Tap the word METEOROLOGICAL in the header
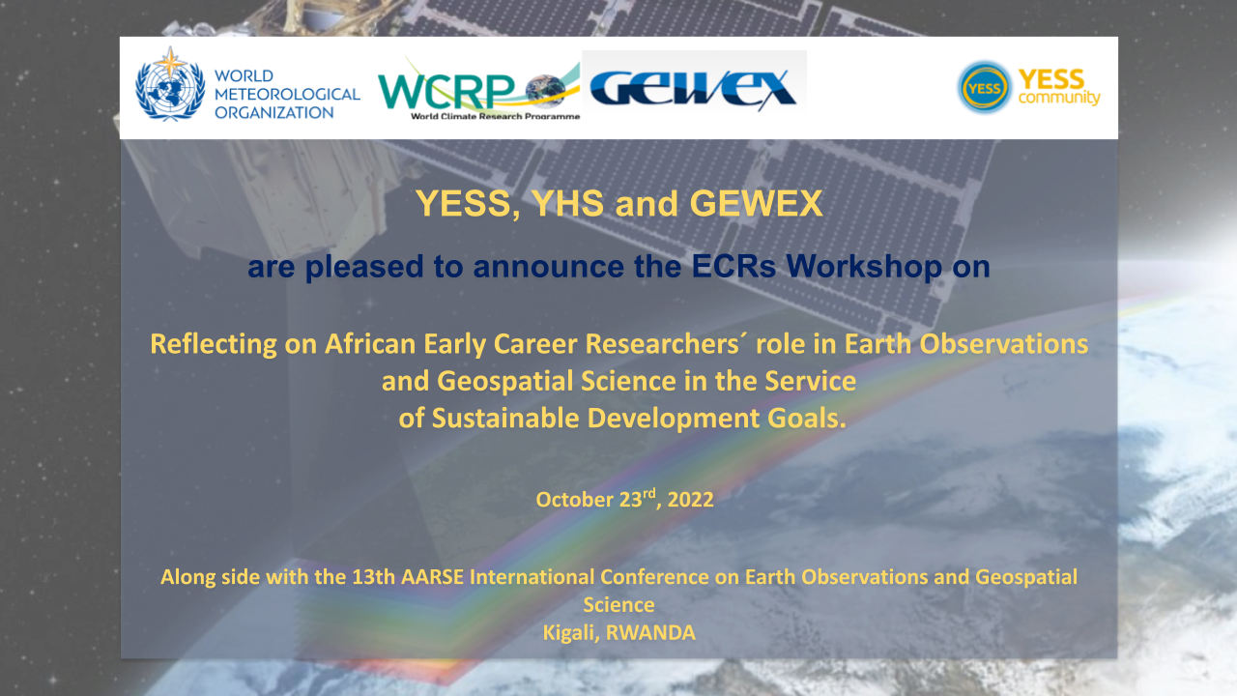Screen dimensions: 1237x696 pyautogui.click(x=287, y=94)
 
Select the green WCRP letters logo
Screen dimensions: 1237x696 pyautogui.click(x=446, y=92)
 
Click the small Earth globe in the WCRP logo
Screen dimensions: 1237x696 pyautogui.click(x=546, y=90)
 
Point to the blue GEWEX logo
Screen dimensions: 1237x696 pyautogui.click(x=693, y=88)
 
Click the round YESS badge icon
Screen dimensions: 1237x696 pyautogui.click(x=984, y=87)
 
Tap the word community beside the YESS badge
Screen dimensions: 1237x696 pyautogui.click(x=1059, y=98)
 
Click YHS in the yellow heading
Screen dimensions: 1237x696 pyautogui.click(x=567, y=203)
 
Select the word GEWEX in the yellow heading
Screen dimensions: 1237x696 pyautogui.click(x=756, y=203)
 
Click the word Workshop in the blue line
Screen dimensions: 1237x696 pyautogui.click(x=864, y=266)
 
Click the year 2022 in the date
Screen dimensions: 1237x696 pyautogui.click(x=690, y=500)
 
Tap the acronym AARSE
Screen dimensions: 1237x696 pyautogui.click(x=432, y=577)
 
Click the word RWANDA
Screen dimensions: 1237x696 pyautogui.click(x=650, y=633)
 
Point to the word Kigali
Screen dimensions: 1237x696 pyautogui.click(x=571, y=633)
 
